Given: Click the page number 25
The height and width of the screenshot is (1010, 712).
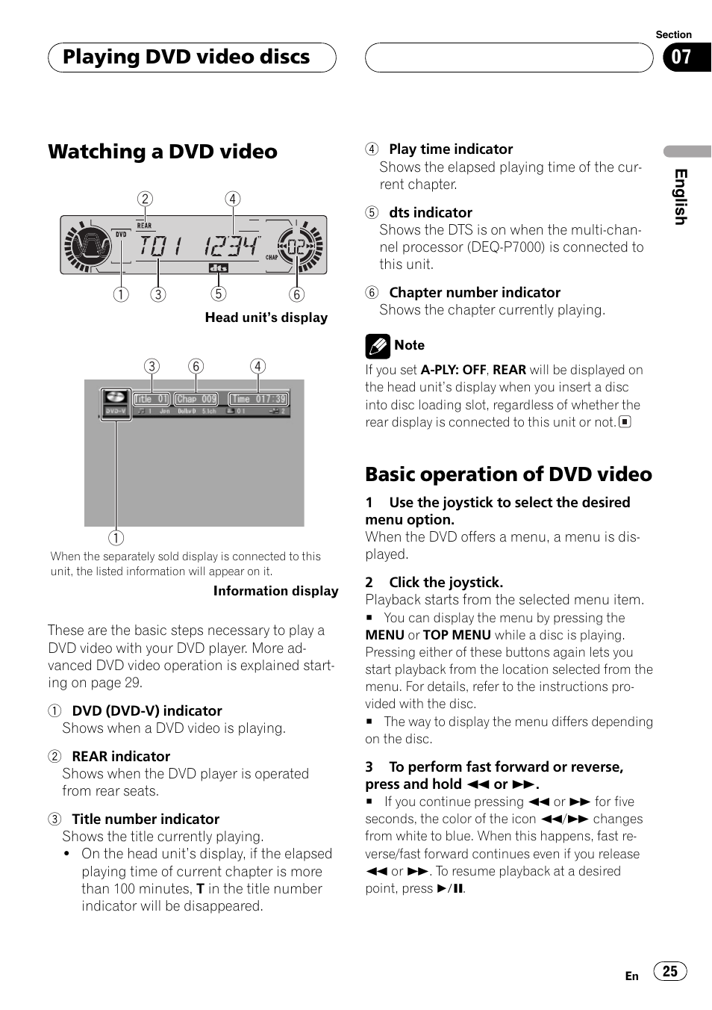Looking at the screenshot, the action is (669, 970).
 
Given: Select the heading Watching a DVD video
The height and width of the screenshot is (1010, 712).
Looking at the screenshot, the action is (163, 152).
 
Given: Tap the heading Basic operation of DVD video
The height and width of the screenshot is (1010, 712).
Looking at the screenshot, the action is (508, 474).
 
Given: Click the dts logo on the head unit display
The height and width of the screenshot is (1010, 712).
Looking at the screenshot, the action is (218, 267).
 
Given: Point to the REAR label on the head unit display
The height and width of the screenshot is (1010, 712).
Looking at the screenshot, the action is (144, 225).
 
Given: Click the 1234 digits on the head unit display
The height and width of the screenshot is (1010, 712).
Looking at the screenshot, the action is (231, 246).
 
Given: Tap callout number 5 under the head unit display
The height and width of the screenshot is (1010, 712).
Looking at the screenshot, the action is (218, 294).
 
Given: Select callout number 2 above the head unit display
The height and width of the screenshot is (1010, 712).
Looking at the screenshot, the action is (145, 199).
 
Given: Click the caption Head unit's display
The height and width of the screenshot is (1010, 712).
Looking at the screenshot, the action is (266, 317).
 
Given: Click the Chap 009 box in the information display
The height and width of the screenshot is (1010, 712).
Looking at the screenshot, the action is (196, 399).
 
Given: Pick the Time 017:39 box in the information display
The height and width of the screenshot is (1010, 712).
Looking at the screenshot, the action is (258, 399).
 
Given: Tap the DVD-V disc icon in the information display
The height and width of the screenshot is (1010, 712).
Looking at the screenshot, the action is (116, 403).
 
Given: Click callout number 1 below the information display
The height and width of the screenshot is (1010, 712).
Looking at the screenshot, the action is (116, 538).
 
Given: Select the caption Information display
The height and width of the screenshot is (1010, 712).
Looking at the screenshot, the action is (275, 591).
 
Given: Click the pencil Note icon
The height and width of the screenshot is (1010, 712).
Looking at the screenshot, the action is (378, 346).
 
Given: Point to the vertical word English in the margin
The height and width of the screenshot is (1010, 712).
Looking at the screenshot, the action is (681, 196).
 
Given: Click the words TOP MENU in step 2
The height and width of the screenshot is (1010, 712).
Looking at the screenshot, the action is (457, 635).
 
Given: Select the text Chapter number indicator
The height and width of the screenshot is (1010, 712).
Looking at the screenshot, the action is (475, 293).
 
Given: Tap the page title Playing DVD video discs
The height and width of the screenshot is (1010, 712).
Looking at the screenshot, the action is (186, 58).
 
